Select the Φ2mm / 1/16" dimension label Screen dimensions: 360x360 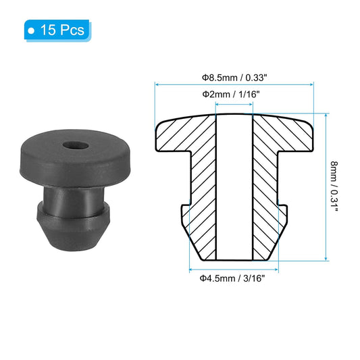coord(234,94)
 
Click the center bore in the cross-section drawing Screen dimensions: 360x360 coord(234,189)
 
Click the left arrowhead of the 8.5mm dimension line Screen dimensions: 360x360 coord(158,84)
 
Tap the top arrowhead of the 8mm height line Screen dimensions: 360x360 coord(326,117)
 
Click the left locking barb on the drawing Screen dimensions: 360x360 coord(188,215)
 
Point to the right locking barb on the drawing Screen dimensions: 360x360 coord(282,215)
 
